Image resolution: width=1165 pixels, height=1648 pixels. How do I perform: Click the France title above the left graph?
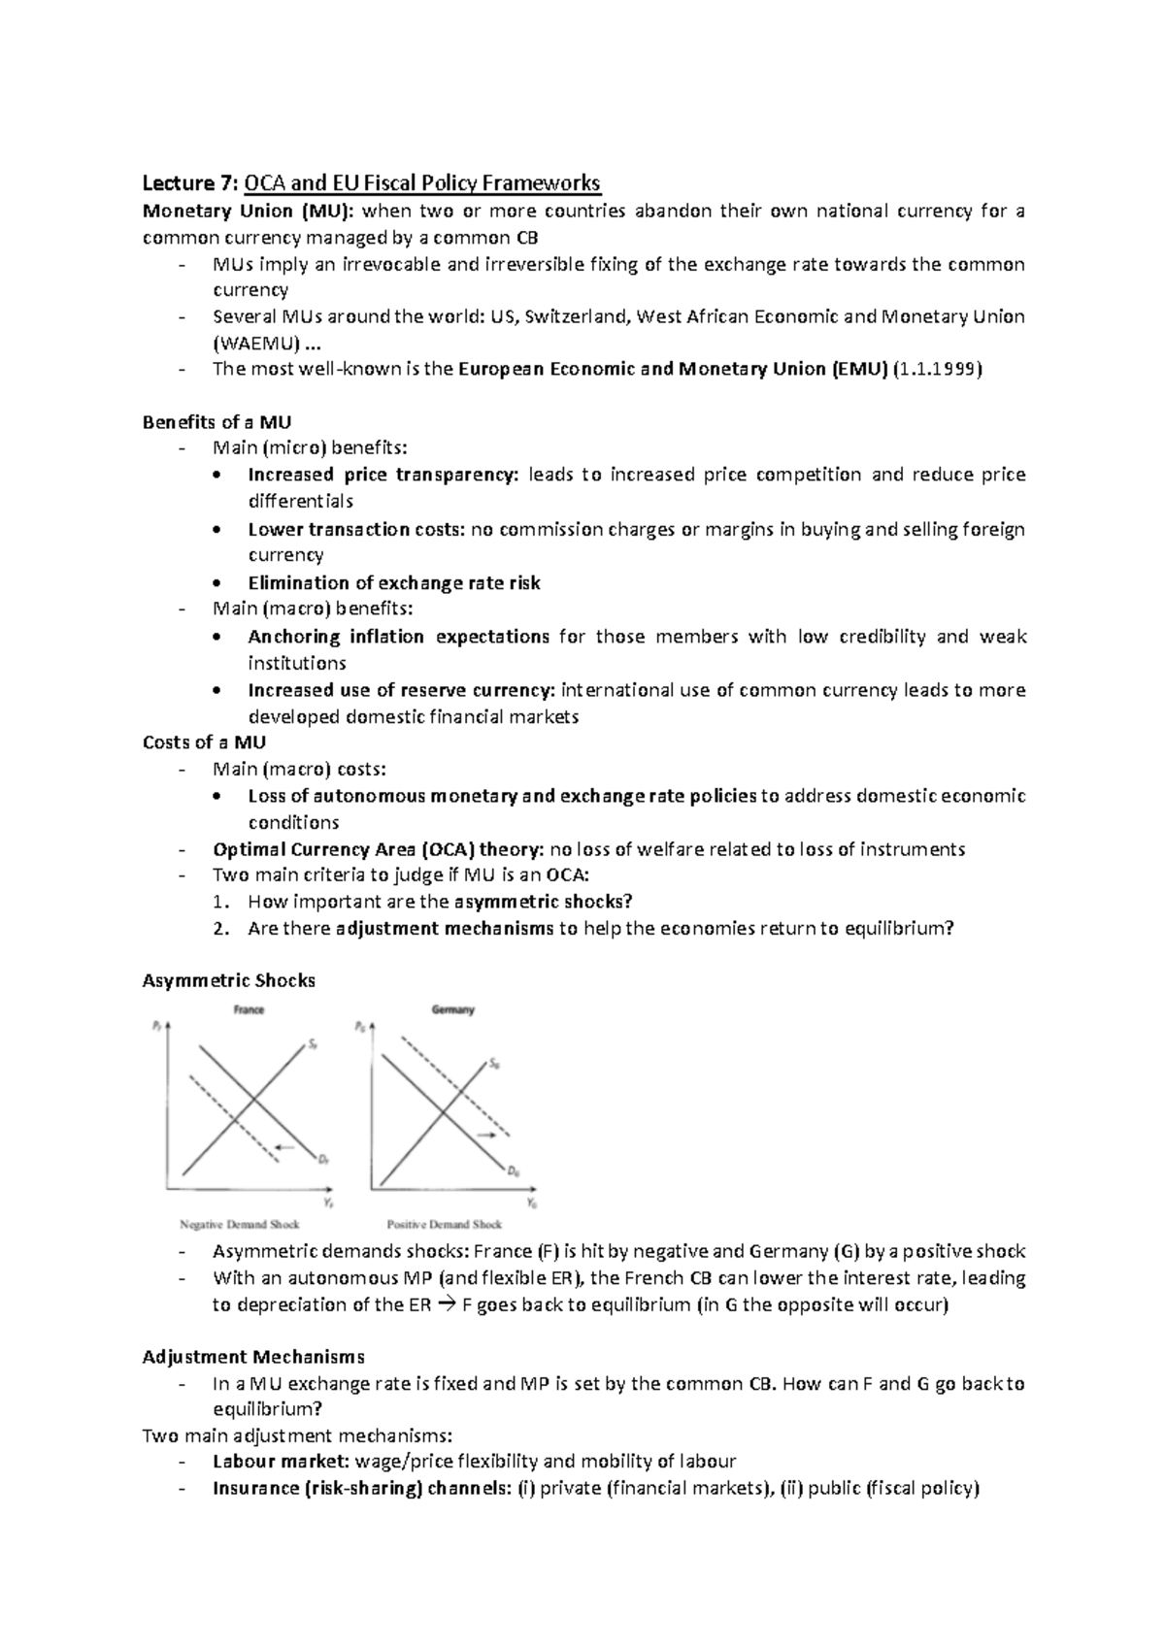(249, 1009)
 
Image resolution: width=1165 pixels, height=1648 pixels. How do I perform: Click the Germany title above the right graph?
(452, 1009)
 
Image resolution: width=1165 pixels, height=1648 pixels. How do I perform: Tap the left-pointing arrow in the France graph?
(283, 1148)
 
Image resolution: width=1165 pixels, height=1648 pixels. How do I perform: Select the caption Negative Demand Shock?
(240, 1224)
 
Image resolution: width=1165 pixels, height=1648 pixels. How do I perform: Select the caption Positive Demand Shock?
(445, 1224)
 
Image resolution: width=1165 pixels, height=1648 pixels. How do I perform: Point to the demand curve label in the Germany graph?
(514, 1171)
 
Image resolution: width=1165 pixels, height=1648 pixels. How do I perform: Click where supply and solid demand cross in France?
(252, 1100)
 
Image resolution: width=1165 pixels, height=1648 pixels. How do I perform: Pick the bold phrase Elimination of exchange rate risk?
(393, 582)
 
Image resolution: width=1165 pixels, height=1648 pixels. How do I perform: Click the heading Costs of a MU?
(204, 742)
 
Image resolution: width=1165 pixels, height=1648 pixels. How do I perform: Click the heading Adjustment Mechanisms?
(252, 1357)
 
